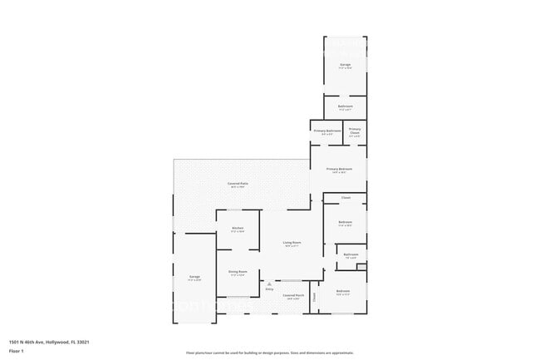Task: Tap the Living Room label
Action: (292, 242)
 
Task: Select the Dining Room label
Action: (238, 271)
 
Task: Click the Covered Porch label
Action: (292, 295)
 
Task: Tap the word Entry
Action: (269, 289)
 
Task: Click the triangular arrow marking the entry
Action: (269, 284)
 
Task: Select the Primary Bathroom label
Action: (327, 131)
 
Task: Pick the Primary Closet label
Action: (355, 130)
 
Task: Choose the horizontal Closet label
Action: (346, 198)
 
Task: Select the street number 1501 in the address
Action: (14, 341)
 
